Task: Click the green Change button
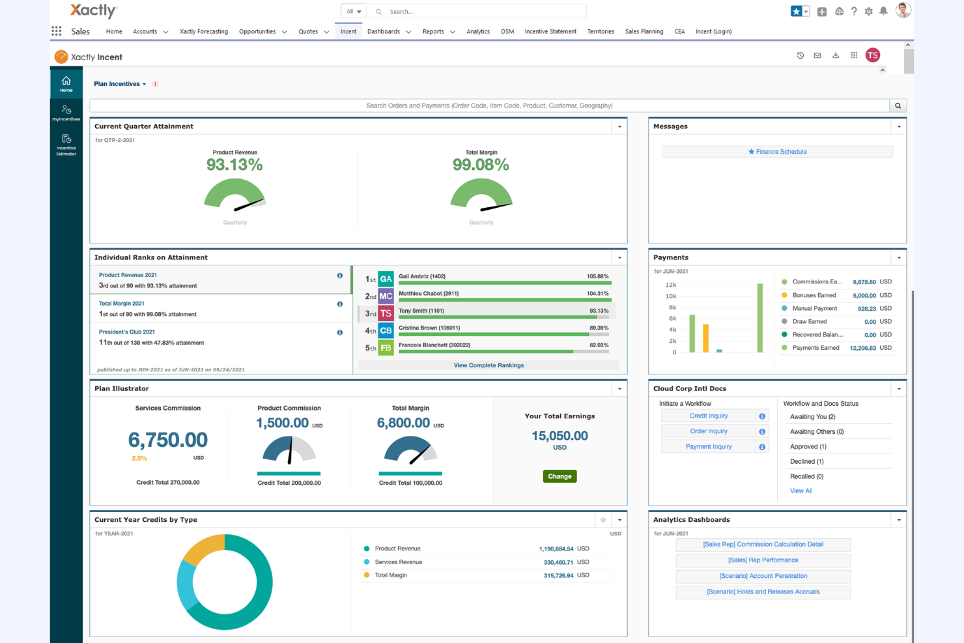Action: point(559,476)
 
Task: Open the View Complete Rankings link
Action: point(489,365)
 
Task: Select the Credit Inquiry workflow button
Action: point(708,416)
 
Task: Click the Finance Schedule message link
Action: point(777,152)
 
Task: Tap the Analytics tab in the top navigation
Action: point(477,31)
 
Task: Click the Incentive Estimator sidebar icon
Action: point(66,144)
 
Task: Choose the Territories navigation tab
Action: point(600,31)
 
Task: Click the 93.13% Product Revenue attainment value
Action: point(234,165)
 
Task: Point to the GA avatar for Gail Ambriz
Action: point(386,279)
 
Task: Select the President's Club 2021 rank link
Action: point(127,332)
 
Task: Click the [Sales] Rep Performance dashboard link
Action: point(763,560)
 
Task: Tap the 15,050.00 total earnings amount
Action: point(560,436)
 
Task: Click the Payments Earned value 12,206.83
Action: point(862,349)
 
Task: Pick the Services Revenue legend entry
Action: point(398,562)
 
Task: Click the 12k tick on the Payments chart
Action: point(670,285)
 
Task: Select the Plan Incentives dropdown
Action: point(120,84)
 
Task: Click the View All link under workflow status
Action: point(801,491)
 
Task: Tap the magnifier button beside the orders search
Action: point(898,106)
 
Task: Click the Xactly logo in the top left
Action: point(93,10)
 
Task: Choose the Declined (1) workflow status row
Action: point(806,461)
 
